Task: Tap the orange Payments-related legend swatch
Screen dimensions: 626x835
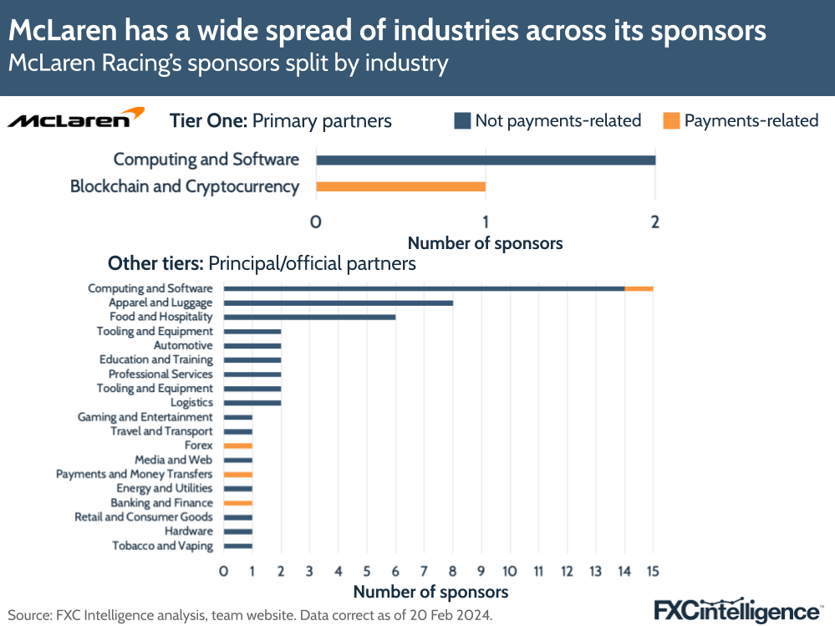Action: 671,121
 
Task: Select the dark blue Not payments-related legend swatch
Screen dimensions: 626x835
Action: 462,121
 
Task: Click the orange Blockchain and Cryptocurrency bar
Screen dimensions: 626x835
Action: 400,186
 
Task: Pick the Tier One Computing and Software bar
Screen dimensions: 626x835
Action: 485,160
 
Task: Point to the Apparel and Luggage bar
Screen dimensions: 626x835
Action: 339,303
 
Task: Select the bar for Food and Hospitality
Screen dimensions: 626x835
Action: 309,317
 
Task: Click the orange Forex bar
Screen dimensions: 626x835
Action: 238,445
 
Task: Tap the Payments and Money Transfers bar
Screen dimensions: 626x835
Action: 238,474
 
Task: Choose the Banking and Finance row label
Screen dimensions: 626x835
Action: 161,503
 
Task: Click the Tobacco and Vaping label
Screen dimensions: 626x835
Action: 162,546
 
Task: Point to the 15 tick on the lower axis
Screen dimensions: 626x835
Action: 653,572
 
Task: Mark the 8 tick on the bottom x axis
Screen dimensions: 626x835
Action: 452,572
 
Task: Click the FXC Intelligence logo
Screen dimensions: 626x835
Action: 736,609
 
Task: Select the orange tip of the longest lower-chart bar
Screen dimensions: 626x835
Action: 639,288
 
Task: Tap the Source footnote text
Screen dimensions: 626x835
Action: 251,614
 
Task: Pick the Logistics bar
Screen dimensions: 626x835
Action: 252,403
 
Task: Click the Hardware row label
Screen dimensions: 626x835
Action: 188,532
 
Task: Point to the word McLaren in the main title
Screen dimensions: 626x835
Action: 64,31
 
